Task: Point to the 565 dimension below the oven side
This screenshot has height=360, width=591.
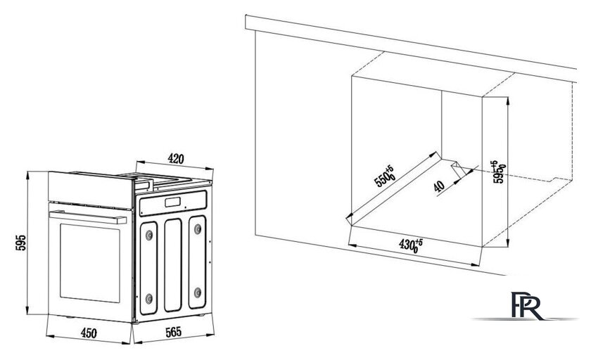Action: point(174,335)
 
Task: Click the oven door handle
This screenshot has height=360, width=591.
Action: point(91,219)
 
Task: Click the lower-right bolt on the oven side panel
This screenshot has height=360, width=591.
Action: point(197,290)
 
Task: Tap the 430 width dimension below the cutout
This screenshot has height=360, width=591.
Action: point(410,246)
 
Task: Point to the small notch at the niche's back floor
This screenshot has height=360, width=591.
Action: point(459,168)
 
